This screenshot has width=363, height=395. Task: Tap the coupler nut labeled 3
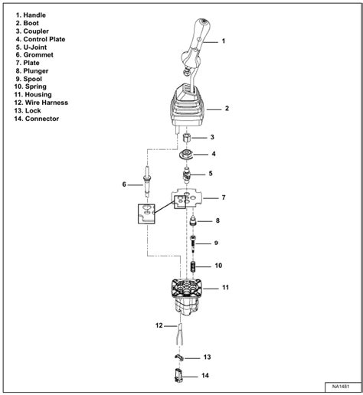188,138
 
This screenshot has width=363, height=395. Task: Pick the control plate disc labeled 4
188,155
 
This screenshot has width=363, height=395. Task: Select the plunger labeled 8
193,221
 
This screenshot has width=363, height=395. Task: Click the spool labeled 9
193,243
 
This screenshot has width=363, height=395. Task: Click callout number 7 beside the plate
223,198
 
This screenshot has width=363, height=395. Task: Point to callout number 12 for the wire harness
160,325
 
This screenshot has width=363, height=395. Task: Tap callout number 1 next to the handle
224,40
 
